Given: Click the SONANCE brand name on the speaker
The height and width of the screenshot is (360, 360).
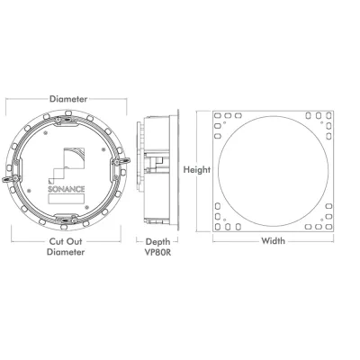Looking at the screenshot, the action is pyautogui.click(x=67, y=189).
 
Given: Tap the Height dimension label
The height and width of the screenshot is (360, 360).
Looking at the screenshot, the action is pyautogui.click(x=197, y=170).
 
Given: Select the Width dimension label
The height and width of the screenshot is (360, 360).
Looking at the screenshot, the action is pyautogui.click(x=273, y=240).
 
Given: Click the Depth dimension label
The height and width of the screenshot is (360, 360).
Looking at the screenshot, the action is pyautogui.click(x=157, y=242).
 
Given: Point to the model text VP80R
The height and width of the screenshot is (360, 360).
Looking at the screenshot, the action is pyautogui.click(x=157, y=252).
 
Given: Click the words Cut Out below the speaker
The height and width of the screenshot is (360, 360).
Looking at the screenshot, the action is pyautogui.click(x=66, y=241).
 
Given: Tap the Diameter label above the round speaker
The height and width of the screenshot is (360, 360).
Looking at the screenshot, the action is pyautogui.click(x=68, y=99).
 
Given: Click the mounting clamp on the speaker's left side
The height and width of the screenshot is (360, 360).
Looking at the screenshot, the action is pyautogui.click(x=12, y=179).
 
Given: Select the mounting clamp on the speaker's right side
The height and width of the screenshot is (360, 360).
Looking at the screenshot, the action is pyautogui.click(x=121, y=161).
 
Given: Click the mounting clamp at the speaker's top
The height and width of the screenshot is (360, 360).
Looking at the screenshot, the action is pyautogui.click(x=66, y=120).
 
